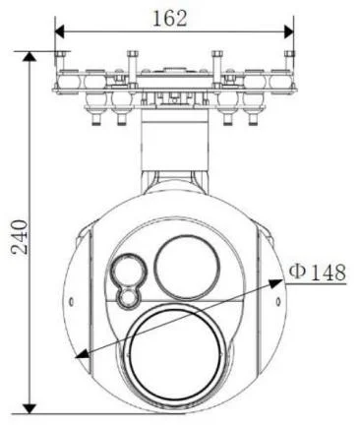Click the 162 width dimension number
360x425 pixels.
[170, 19]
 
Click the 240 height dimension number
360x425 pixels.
[20, 237]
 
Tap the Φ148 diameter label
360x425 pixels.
[317, 272]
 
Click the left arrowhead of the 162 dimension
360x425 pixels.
[59, 31]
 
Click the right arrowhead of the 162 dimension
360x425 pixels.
[289, 31]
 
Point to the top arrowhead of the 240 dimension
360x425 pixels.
[30, 56]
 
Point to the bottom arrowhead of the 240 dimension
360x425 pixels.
[30, 408]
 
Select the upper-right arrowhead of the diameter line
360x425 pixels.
[275, 282]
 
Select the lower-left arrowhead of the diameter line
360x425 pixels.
[83, 353]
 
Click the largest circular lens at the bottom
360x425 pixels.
[174, 356]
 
